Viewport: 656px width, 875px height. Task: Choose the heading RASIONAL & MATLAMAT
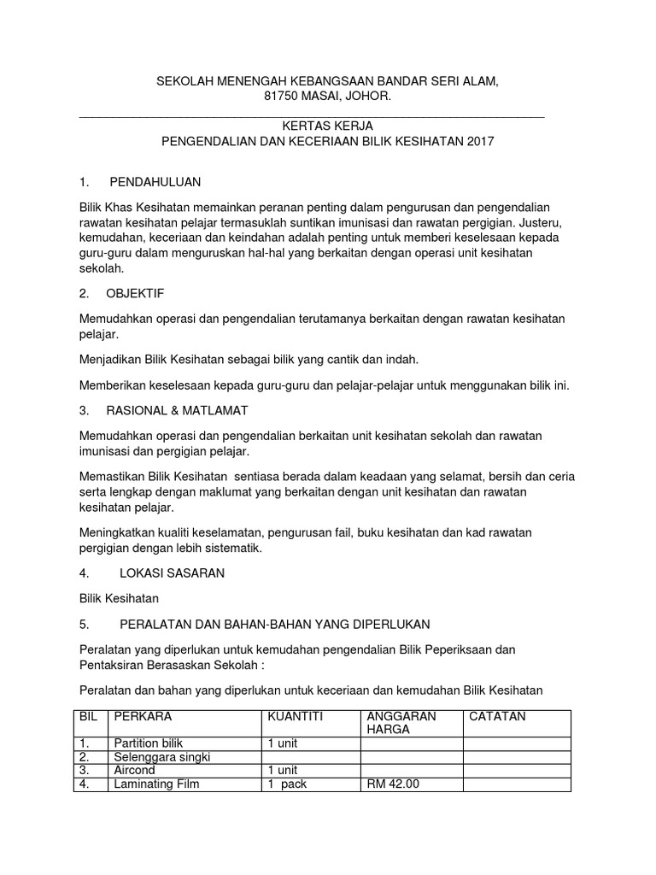(177, 411)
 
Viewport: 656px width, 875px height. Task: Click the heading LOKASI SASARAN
(173, 573)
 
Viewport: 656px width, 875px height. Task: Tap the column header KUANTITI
(296, 716)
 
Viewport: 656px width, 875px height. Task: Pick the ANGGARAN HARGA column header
(401, 723)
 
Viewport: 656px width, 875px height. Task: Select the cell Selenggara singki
(161, 757)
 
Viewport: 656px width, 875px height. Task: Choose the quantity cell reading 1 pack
(286, 784)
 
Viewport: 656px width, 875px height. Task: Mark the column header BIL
(89, 716)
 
